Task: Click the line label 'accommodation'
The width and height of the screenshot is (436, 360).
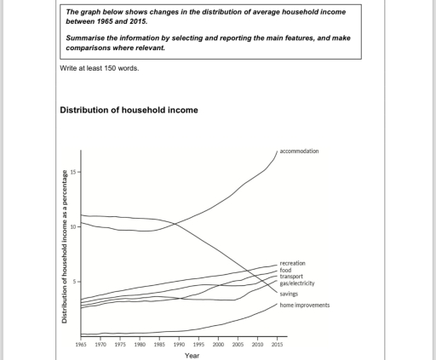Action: point(300,151)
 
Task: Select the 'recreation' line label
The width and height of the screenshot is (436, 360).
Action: point(292,264)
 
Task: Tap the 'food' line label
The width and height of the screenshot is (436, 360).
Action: point(285,270)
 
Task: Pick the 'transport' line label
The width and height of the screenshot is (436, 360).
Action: point(291,277)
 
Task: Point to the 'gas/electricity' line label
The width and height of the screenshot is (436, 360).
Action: point(297,283)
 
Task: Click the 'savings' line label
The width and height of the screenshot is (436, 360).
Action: point(289,294)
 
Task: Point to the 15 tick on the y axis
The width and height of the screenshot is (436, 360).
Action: point(74,173)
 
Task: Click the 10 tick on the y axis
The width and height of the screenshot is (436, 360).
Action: point(74,227)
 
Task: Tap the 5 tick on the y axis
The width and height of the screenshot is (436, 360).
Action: point(75,282)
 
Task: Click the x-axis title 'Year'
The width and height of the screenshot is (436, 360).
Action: point(192,356)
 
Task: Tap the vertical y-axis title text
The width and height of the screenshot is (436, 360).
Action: point(64,248)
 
